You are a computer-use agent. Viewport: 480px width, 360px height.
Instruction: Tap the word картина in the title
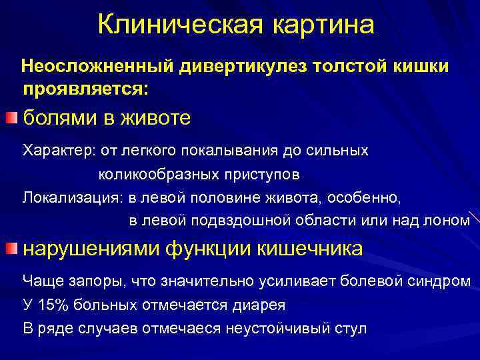point(323,25)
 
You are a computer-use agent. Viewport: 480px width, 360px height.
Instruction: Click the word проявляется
point(87,87)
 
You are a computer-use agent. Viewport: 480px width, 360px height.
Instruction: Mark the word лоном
point(449,220)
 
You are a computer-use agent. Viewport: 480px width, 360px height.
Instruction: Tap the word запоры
point(83,281)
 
